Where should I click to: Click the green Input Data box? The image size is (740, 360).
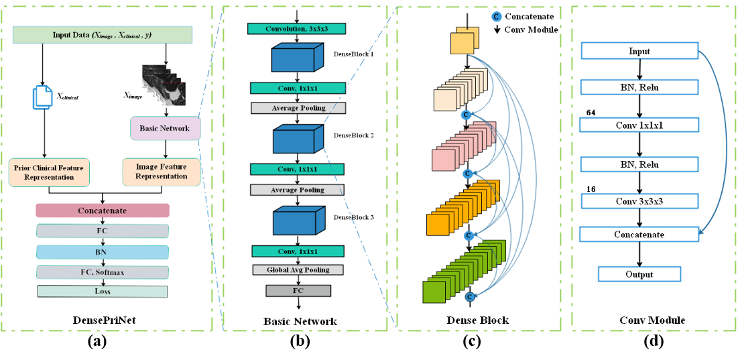(103, 35)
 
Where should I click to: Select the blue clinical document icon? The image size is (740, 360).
(42, 97)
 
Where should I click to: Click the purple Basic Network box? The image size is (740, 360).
(164, 128)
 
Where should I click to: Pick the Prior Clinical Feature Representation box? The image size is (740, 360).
(50, 172)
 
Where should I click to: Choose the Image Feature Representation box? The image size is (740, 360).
(161, 172)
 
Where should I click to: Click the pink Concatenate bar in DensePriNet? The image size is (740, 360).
(103, 211)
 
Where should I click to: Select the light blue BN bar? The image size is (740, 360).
(103, 252)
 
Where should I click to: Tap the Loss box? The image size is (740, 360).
(103, 292)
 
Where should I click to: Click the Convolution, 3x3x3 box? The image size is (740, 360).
(297, 29)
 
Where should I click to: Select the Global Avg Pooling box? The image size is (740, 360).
(298, 269)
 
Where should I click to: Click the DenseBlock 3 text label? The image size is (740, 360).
(353, 217)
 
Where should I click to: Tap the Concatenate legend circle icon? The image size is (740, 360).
(497, 16)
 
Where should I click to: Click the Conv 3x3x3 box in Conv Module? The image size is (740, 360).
(639, 201)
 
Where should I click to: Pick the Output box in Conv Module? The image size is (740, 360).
(639, 274)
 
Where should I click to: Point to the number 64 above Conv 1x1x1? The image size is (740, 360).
(590, 113)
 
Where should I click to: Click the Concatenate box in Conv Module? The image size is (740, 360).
(639, 235)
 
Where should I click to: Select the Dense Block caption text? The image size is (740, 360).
(477, 320)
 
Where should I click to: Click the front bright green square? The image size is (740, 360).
(434, 292)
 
